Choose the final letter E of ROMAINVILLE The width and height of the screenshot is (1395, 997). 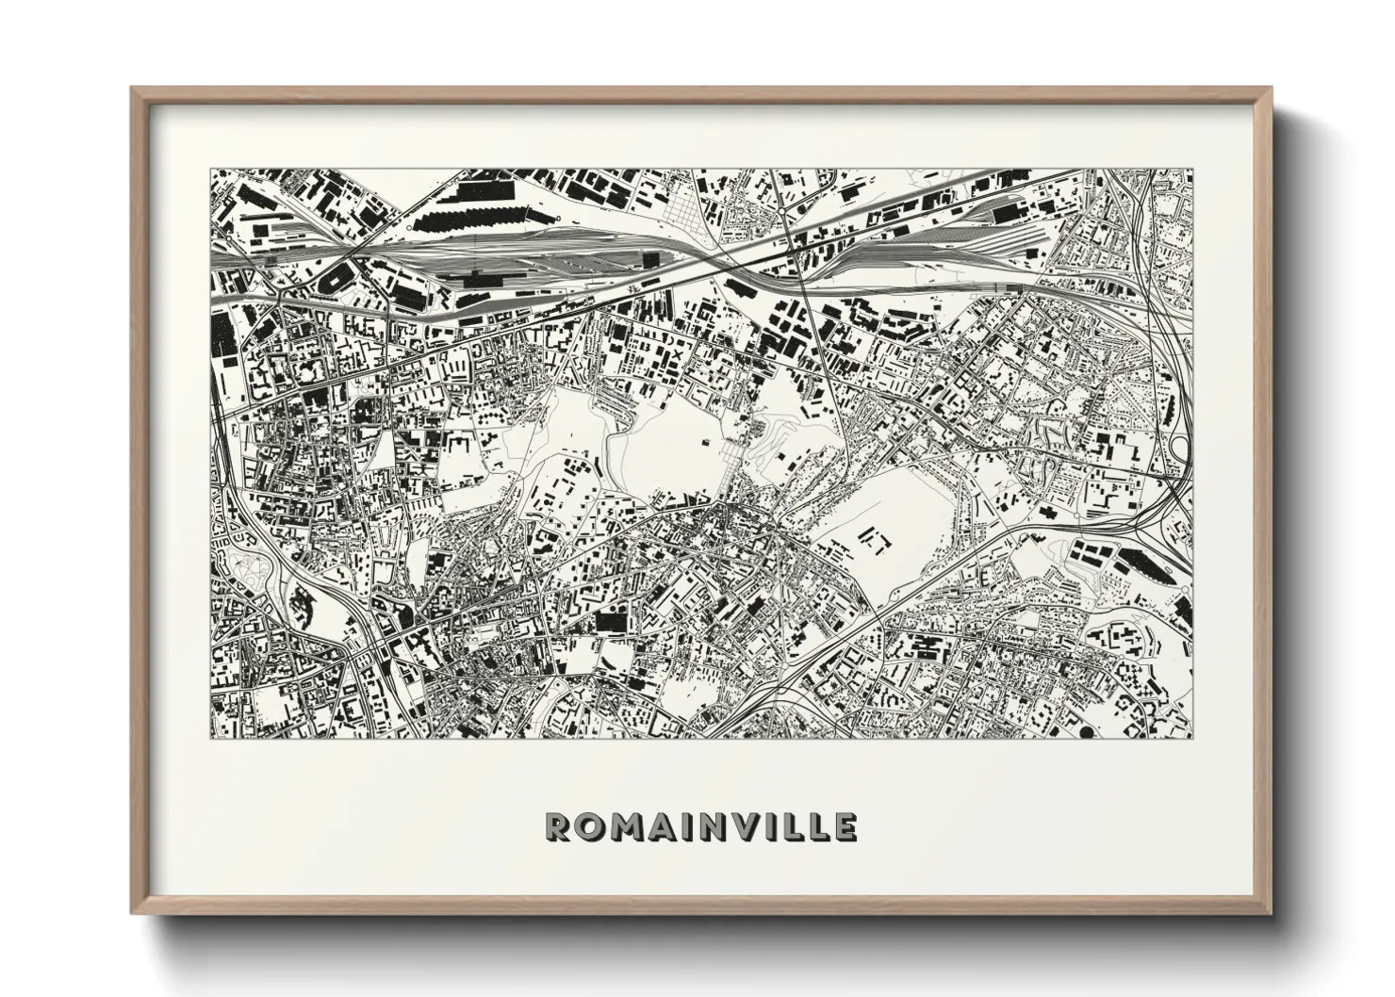point(845,827)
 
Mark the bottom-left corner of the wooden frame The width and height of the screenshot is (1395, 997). point(133,912)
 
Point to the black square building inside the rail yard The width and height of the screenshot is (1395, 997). point(650,261)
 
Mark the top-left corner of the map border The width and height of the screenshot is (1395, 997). point(210,170)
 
